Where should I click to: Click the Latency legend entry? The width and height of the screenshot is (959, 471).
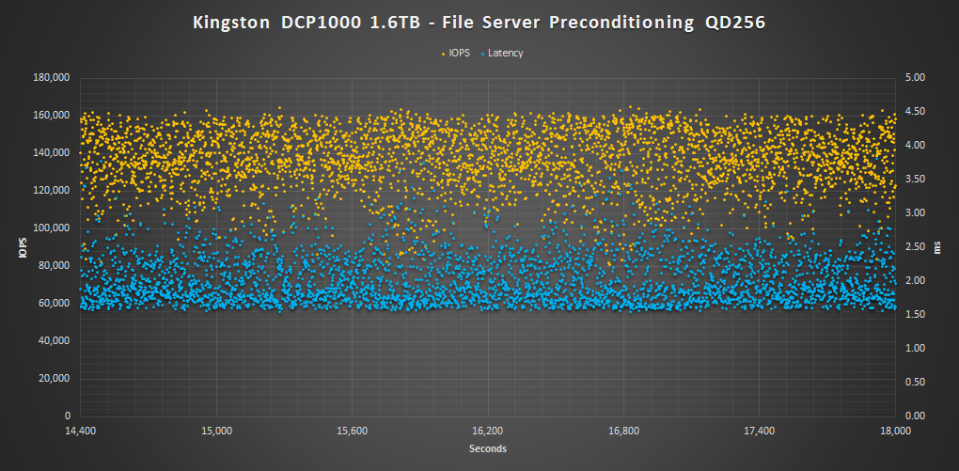click(505, 53)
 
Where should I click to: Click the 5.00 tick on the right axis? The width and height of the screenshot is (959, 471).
click(916, 77)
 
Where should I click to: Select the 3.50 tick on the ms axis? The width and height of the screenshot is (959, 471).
click(916, 179)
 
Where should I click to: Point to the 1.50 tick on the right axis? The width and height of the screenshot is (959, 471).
click(916, 314)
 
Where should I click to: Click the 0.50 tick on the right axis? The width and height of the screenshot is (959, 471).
click(916, 382)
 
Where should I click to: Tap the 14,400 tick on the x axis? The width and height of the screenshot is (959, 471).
click(81, 432)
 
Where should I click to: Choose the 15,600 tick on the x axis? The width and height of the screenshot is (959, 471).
click(352, 432)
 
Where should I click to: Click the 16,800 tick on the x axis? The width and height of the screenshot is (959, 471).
click(623, 432)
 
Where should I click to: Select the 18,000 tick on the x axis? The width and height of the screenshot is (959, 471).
click(894, 432)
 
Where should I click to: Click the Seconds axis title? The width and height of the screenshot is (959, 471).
click(487, 449)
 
